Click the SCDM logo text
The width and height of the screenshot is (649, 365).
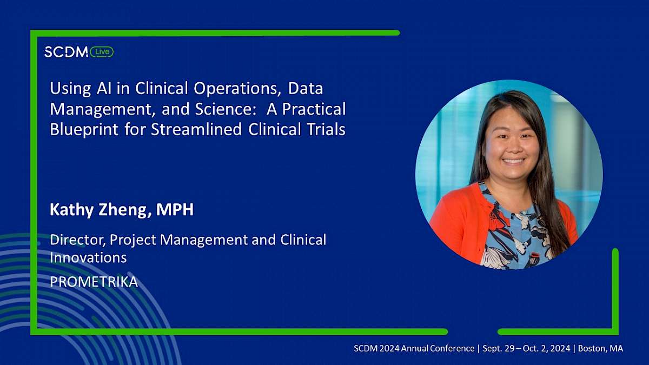pos(66,52)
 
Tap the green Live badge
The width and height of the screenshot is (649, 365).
pos(102,52)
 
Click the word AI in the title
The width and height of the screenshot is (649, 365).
pos(104,88)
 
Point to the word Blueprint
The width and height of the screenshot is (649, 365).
pos(84,129)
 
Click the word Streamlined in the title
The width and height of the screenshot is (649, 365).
pos(196,129)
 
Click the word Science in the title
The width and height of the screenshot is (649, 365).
pos(226,109)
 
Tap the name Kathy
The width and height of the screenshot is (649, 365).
pos(71,210)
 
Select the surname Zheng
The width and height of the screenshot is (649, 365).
pos(125,210)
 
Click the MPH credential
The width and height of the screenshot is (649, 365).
pos(175,209)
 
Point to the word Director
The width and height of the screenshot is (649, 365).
pos(78,240)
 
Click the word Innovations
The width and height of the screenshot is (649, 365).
pos(88,257)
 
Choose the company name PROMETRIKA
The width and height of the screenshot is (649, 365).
pos(94,282)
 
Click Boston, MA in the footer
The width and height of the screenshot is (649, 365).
pos(600,348)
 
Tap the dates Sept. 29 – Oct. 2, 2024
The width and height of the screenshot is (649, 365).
pos(526,348)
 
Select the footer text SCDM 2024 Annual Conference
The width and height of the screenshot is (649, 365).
pos(414,348)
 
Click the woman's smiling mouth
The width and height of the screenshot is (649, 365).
pos(513,161)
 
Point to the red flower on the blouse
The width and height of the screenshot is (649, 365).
pos(499,221)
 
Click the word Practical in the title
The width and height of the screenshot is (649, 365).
pos(314,109)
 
